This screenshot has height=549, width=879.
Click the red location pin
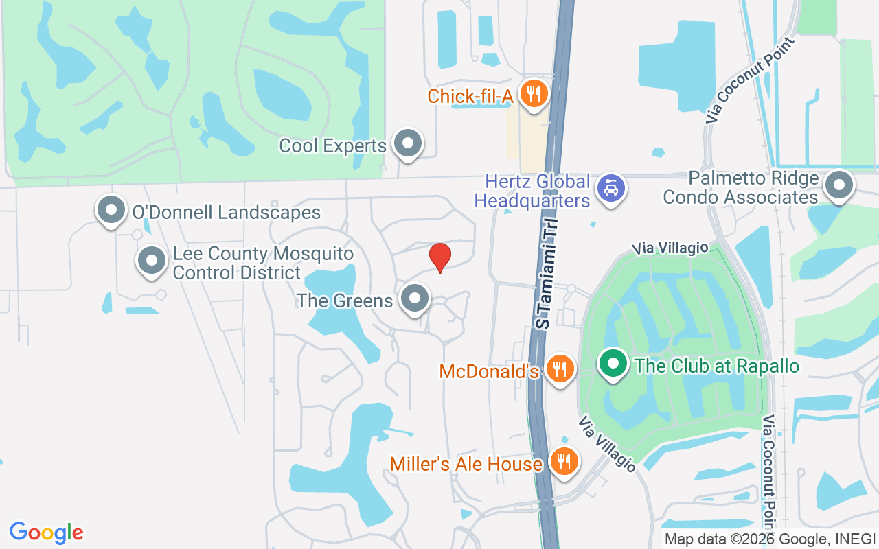point(439,257)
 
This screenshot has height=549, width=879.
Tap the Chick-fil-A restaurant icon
point(532,93)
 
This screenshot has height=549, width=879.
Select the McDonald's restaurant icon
point(561,369)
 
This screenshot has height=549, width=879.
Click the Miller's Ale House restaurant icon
point(564,461)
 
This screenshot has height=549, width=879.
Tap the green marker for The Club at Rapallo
point(613,363)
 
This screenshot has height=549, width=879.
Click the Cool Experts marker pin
point(409,143)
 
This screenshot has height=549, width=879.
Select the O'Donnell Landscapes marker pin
point(111,211)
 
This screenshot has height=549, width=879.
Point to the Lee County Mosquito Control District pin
point(152,261)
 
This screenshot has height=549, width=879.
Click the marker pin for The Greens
point(415,299)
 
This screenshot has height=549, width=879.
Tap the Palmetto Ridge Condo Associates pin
point(838,185)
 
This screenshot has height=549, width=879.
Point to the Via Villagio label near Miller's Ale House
point(606,443)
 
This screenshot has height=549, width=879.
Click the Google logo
point(46,533)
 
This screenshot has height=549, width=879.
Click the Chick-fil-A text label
point(470,96)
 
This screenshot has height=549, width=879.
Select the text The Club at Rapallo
point(717,366)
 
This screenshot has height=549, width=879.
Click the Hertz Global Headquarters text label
point(537,191)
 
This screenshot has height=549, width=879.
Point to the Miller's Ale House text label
point(466,464)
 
